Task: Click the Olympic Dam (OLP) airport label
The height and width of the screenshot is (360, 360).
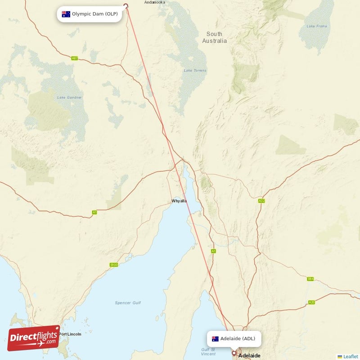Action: click(90, 14)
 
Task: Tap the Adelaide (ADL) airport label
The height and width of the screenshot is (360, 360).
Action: click(234, 338)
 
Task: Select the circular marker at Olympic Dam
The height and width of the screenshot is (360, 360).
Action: click(126, 6)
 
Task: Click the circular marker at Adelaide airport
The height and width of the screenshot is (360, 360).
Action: click(234, 353)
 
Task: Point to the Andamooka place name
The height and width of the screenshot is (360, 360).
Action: click(154, 2)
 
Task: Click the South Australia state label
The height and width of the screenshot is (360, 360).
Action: click(215, 37)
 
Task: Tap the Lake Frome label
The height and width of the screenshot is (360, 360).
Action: click(316, 26)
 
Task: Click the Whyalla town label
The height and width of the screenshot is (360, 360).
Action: click(179, 201)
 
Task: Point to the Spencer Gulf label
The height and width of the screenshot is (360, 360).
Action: click(128, 303)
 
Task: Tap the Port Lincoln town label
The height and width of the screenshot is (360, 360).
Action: click(70, 334)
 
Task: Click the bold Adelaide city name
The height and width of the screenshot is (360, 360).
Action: click(249, 355)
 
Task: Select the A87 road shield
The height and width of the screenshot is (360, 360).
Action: click(75, 58)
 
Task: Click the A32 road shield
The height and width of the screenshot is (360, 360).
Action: click(261, 201)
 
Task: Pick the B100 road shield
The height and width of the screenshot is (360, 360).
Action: click(113, 265)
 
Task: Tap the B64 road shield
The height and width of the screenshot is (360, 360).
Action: click(310, 279)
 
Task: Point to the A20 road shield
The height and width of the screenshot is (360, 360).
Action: click(311, 302)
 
